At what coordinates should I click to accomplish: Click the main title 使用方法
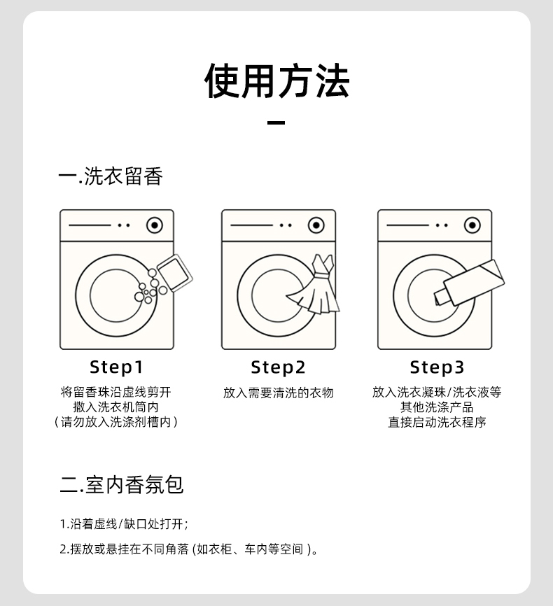click(x=276, y=81)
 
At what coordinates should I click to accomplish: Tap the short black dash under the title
click(x=276, y=123)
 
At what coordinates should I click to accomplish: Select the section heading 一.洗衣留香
click(x=111, y=176)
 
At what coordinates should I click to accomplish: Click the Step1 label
click(x=116, y=367)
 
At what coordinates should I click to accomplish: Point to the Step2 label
click(x=278, y=367)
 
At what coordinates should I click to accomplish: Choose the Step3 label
click(x=437, y=367)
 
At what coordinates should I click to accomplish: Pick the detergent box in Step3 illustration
click(x=470, y=282)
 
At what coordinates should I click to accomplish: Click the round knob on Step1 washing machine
click(x=154, y=225)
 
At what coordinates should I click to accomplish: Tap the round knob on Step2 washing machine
click(x=316, y=225)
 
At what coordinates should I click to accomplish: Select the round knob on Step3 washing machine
click(x=472, y=225)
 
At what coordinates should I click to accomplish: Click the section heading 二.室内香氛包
click(x=122, y=485)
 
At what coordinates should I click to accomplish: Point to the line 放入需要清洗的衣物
click(x=279, y=393)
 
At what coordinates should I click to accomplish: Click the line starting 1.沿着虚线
click(x=124, y=524)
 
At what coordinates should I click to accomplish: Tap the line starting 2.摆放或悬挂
click(x=189, y=549)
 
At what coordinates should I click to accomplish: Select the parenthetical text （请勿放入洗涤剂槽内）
click(x=116, y=422)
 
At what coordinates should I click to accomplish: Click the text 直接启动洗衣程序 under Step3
click(x=437, y=422)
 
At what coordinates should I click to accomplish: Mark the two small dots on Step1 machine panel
click(x=124, y=225)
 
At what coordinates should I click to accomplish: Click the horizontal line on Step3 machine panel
click(x=407, y=225)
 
